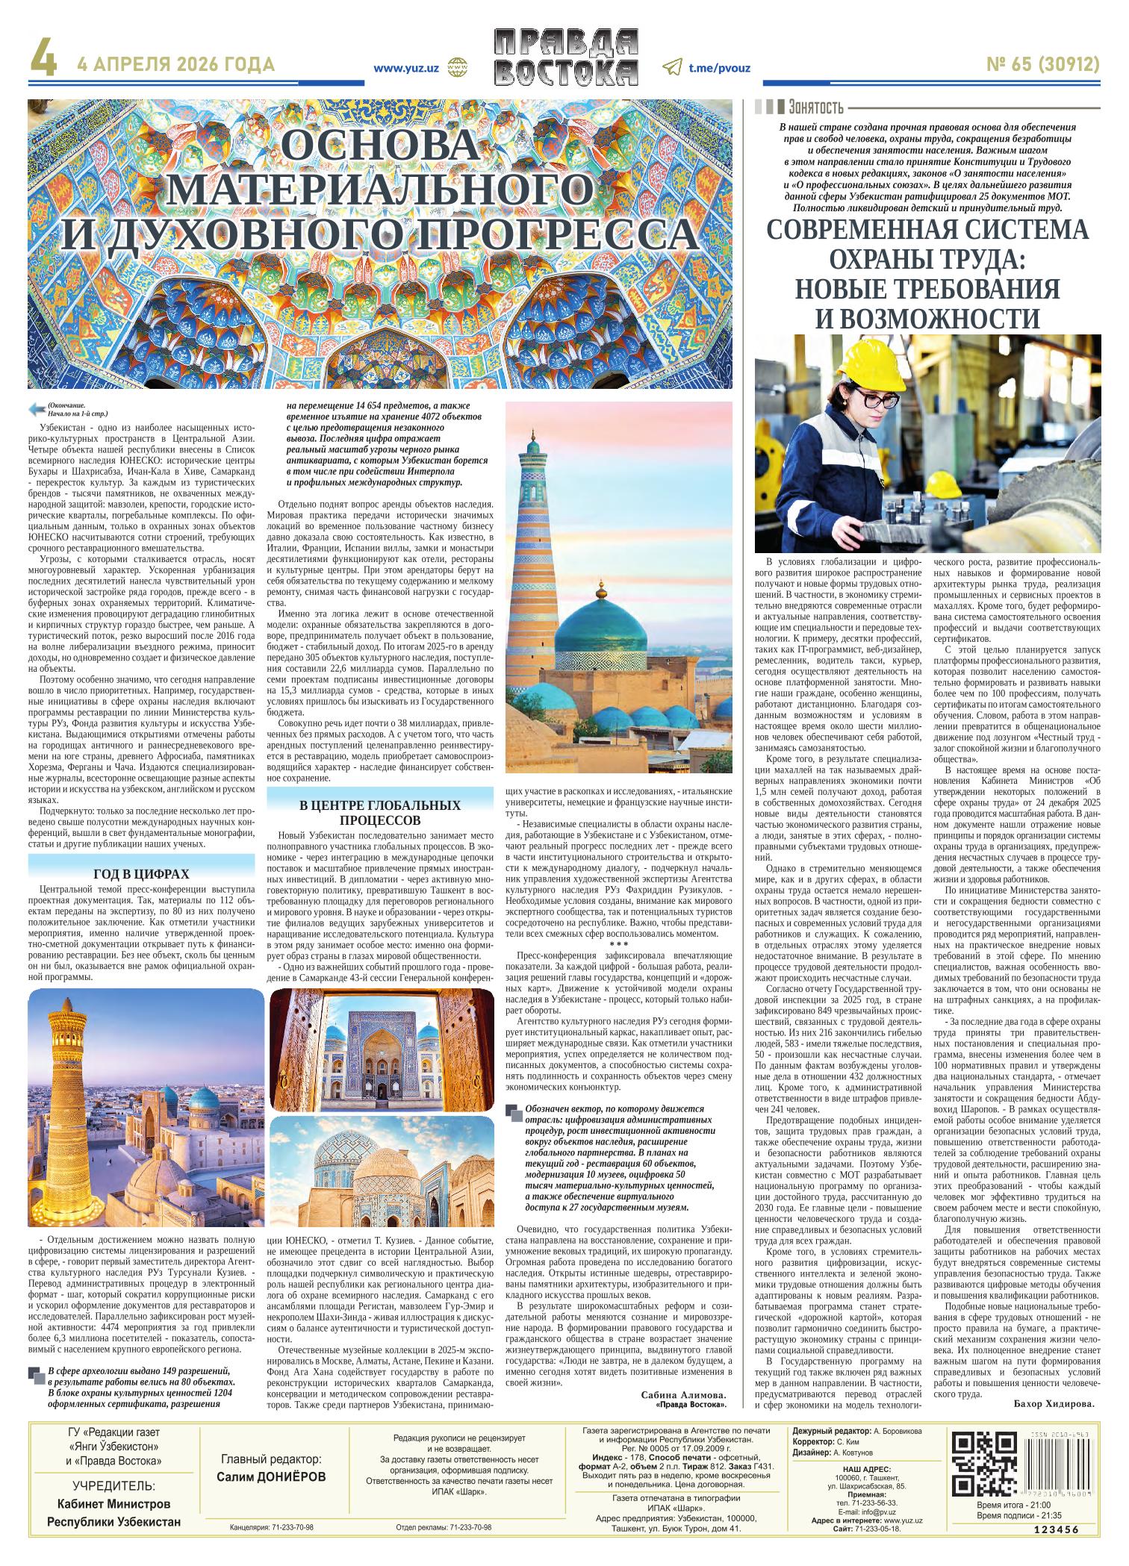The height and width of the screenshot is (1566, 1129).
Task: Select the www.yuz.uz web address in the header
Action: click(405, 67)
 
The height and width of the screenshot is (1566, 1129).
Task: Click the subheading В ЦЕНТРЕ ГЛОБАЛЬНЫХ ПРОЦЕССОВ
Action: click(379, 813)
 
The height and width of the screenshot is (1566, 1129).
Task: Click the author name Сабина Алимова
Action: click(682, 1394)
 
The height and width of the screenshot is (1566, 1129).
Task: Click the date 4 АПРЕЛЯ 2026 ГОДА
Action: click(176, 66)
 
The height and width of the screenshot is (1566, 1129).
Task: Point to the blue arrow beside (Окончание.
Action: click(36, 408)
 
